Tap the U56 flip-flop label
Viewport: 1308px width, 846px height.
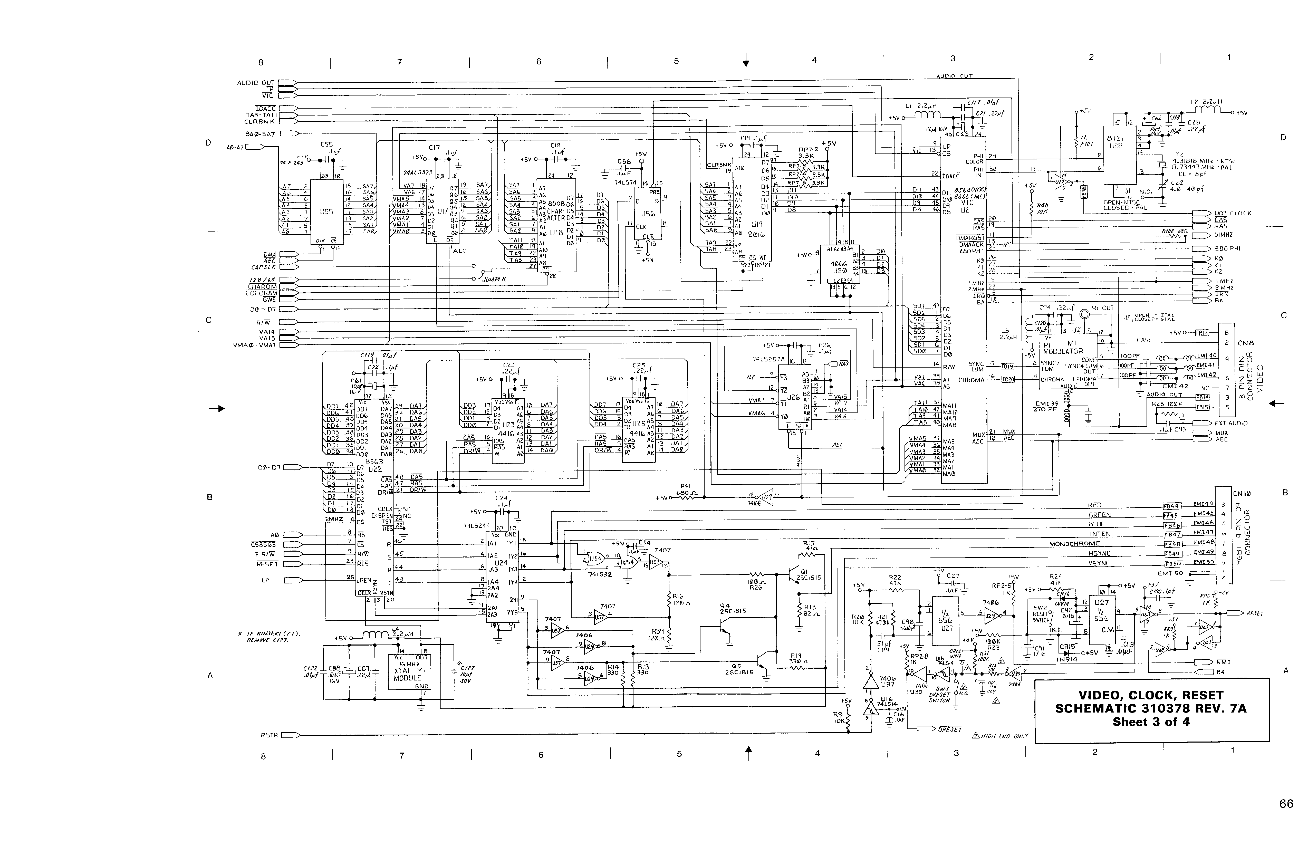tap(648, 214)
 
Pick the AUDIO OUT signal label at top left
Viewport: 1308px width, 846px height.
tap(255, 83)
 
